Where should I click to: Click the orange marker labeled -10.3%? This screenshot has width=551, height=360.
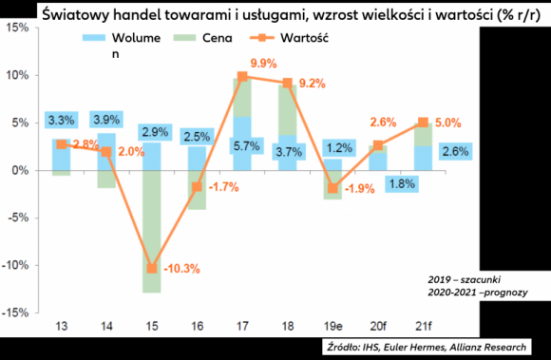(151, 269)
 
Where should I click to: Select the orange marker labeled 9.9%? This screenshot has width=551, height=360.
(242, 76)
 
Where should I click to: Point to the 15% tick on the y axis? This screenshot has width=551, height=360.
(16, 28)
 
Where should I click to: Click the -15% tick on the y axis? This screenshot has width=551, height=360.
(16, 313)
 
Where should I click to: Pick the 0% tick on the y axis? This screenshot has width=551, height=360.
(20, 171)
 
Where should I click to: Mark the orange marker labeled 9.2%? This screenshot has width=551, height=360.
(288, 83)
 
